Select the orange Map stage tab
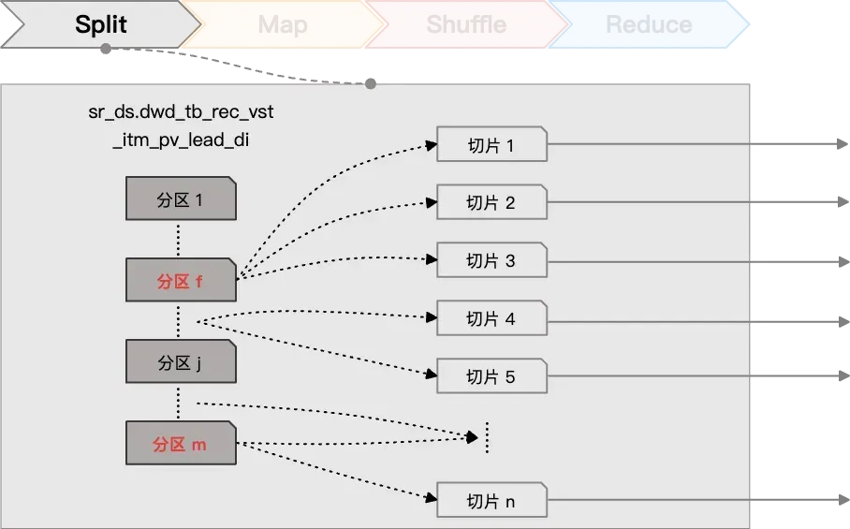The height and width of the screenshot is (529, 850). (282, 24)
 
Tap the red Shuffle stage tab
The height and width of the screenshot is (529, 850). (465, 24)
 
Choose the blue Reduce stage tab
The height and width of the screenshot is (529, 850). (648, 24)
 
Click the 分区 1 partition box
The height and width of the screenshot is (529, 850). (181, 199)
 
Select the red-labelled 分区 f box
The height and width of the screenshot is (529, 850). (181, 280)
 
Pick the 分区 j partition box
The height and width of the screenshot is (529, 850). (181, 362)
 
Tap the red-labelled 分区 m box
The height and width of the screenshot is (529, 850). (181, 444)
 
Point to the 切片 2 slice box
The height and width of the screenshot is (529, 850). (491, 202)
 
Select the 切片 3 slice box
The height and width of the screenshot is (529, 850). (491, 260)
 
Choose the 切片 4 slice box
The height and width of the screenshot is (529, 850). (491, 318)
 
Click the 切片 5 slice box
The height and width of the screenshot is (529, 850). (491, 376)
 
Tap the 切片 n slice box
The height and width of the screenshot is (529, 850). (491, 501)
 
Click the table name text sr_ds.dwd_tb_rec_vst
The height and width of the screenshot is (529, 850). (181, 112)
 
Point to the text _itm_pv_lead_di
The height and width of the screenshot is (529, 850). (181, 140)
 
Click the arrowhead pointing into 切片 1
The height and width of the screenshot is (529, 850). (432, 145)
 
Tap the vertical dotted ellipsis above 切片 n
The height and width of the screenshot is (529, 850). (487, 437)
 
